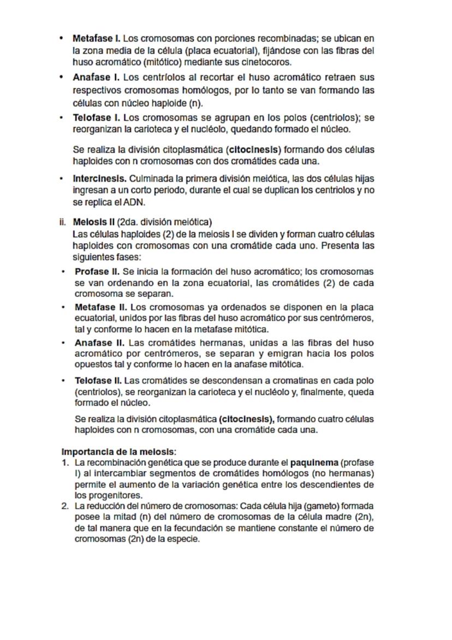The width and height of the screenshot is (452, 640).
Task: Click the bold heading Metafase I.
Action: tap(96, 39)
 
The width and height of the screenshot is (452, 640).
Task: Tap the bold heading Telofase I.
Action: tap(97, 118)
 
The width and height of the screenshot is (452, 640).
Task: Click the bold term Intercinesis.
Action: tap(100, 179)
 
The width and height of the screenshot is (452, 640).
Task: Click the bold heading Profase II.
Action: tap(97, 272)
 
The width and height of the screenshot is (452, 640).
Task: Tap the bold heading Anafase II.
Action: tap(99, 343)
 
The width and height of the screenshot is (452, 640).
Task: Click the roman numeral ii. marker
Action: tap(63, 222)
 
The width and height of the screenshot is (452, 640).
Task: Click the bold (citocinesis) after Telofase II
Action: tap(246, 419)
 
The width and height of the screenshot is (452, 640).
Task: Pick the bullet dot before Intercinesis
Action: tap(62, 179)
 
